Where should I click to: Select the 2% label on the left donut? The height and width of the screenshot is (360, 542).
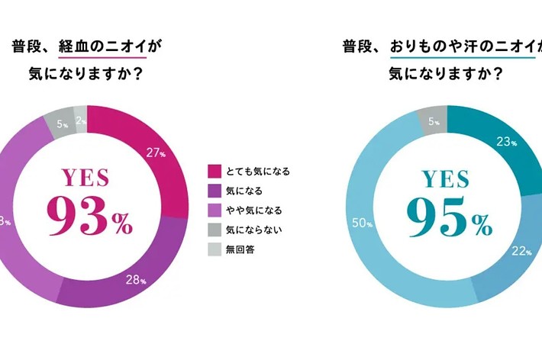point(80,120)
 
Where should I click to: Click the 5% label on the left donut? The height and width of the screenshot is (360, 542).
point(62,123)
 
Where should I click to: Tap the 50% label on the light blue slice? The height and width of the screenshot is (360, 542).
point(363,224)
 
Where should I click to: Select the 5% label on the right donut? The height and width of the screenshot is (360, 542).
point(432,121)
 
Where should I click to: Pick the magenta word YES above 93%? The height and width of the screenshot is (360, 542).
point(85,178)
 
